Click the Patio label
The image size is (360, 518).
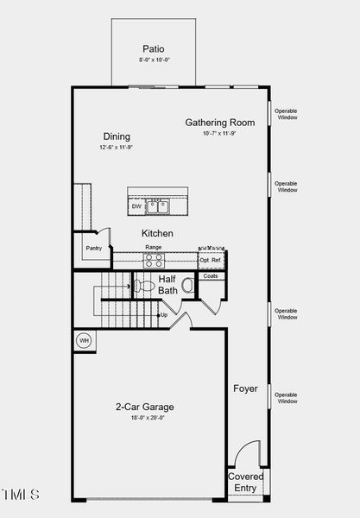(x=153, y=49)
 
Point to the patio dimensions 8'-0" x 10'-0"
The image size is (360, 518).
(x=154, y=60)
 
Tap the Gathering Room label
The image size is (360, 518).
(x=219, y=123)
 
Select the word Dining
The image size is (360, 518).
(x=117, y=136)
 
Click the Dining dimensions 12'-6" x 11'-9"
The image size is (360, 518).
(x=117, y=148)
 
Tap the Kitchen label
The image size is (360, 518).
(x=157, y=234)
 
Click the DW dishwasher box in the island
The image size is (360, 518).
(x=136, y=206)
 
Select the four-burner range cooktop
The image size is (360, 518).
(x=154, y=258)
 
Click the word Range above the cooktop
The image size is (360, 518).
(x=153, y=247)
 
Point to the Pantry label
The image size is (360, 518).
(x=93, y=249)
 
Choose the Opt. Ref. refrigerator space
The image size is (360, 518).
(x=210, y=259)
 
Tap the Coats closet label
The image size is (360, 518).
(x=210, y=276)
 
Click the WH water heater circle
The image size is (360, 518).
(x=85, y=339)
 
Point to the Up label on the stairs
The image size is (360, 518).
(x=164, y=315)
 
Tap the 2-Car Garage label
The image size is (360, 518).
(x=145, y=407)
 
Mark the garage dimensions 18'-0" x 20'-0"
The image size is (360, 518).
(x=145, y=418)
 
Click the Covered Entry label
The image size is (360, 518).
(x=246, y=483)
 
